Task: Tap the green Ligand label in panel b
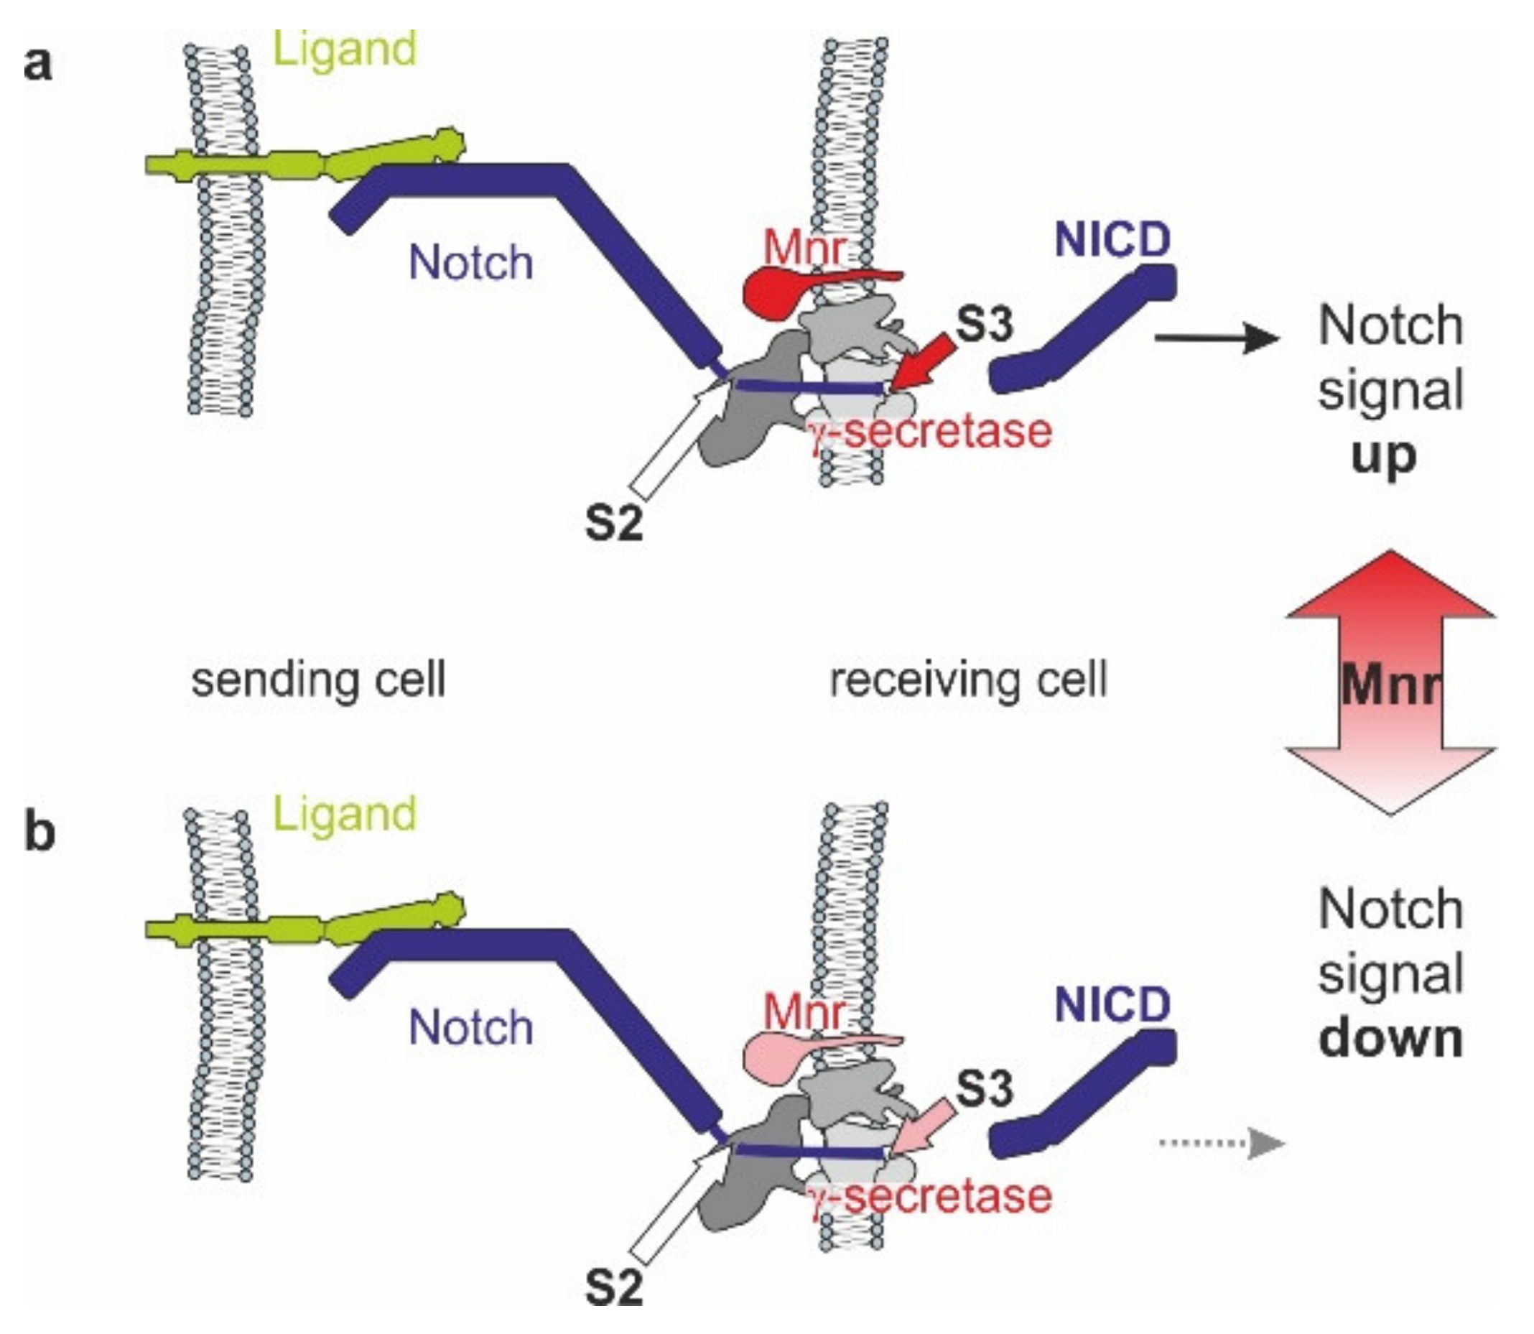click(345, 815)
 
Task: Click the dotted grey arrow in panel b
click(1221, 1144)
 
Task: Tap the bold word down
click(1390, 1039)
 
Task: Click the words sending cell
click(319, 680)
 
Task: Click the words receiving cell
click(968, 680)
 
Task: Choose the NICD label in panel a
click(1112, 240)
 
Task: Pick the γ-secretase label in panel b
click(930, 1196)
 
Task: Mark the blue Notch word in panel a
click(471, 264)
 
